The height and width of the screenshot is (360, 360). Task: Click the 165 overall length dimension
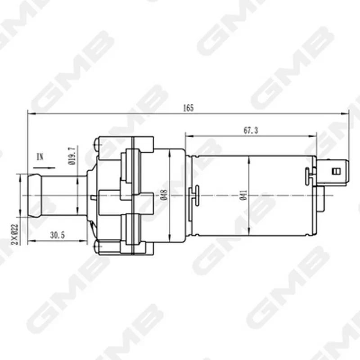pyautogui.click(x=188, y=108)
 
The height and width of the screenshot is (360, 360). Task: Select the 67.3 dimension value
pyautogui.click(x=251, y=130)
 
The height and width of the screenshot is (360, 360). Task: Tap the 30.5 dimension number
pyautogui.click(x=58, y=235)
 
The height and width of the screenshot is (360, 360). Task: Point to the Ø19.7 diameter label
pyautogui.click(x=72, y=156)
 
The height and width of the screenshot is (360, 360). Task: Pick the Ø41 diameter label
pyautogui.click(x=243, y=195)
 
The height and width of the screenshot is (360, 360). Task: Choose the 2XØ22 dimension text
pyautogui.click(x=15, y=234)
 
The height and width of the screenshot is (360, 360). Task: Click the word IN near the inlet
pyautogui.click(x=40, y=157)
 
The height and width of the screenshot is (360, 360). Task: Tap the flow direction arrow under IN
pyautogui.click(x=44, y=168)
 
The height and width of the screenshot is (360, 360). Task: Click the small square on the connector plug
pyautogui.click(x=337, y=171)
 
